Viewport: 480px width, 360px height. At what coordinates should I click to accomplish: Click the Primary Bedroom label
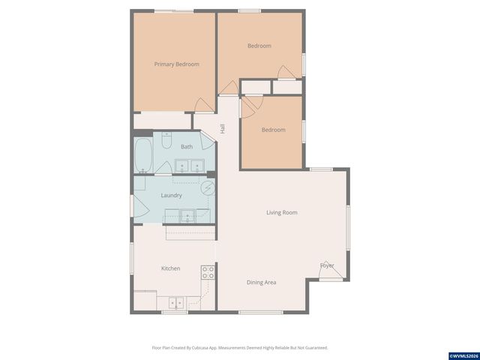[176, 64]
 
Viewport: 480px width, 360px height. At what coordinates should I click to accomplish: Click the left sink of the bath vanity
[181, 166]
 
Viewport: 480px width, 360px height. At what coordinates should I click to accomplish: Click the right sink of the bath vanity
[197, 166]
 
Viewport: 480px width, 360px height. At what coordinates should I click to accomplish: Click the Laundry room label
[172, 196]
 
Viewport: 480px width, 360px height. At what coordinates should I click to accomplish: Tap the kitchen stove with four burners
[208, 272]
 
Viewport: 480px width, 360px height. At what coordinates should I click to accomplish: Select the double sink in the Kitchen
[175, 303]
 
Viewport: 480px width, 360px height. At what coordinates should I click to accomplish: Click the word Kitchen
[170, 268]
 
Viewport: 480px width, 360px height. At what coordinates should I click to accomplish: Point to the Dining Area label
[262, 283]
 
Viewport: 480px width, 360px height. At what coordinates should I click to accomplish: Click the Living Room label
[281, 212]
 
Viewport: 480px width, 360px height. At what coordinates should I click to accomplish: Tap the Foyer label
[327, 265]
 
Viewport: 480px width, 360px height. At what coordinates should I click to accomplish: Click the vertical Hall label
[223, 128]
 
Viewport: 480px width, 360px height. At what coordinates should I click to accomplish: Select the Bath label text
[186, 147]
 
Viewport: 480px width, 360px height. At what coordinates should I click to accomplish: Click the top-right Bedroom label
[259, 46]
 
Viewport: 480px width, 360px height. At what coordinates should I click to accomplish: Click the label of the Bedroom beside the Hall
[273, 130]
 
